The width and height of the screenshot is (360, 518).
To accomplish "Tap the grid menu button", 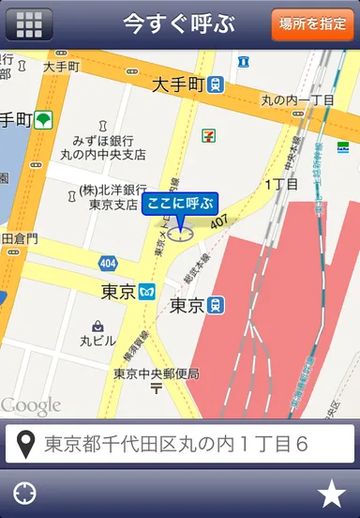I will coord(29,23).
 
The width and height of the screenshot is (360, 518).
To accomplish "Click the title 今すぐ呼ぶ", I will coord(180,23).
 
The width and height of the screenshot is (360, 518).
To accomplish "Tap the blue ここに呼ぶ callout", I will coord(179,204).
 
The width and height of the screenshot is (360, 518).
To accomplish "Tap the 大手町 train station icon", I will coord(217,84).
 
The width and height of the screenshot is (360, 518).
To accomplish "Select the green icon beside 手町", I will coord(45,120).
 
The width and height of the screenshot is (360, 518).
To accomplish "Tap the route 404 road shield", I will coord(108,264).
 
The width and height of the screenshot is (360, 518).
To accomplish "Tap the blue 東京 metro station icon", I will coord(146,291).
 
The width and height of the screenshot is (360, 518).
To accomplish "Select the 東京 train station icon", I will coord(217,305).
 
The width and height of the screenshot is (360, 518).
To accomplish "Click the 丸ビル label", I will coord(98,340).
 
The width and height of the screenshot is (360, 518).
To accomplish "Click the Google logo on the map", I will coord(31,405).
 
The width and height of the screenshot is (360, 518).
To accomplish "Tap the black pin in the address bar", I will coord(27,443).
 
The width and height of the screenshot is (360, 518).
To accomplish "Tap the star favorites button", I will coord(331,493).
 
